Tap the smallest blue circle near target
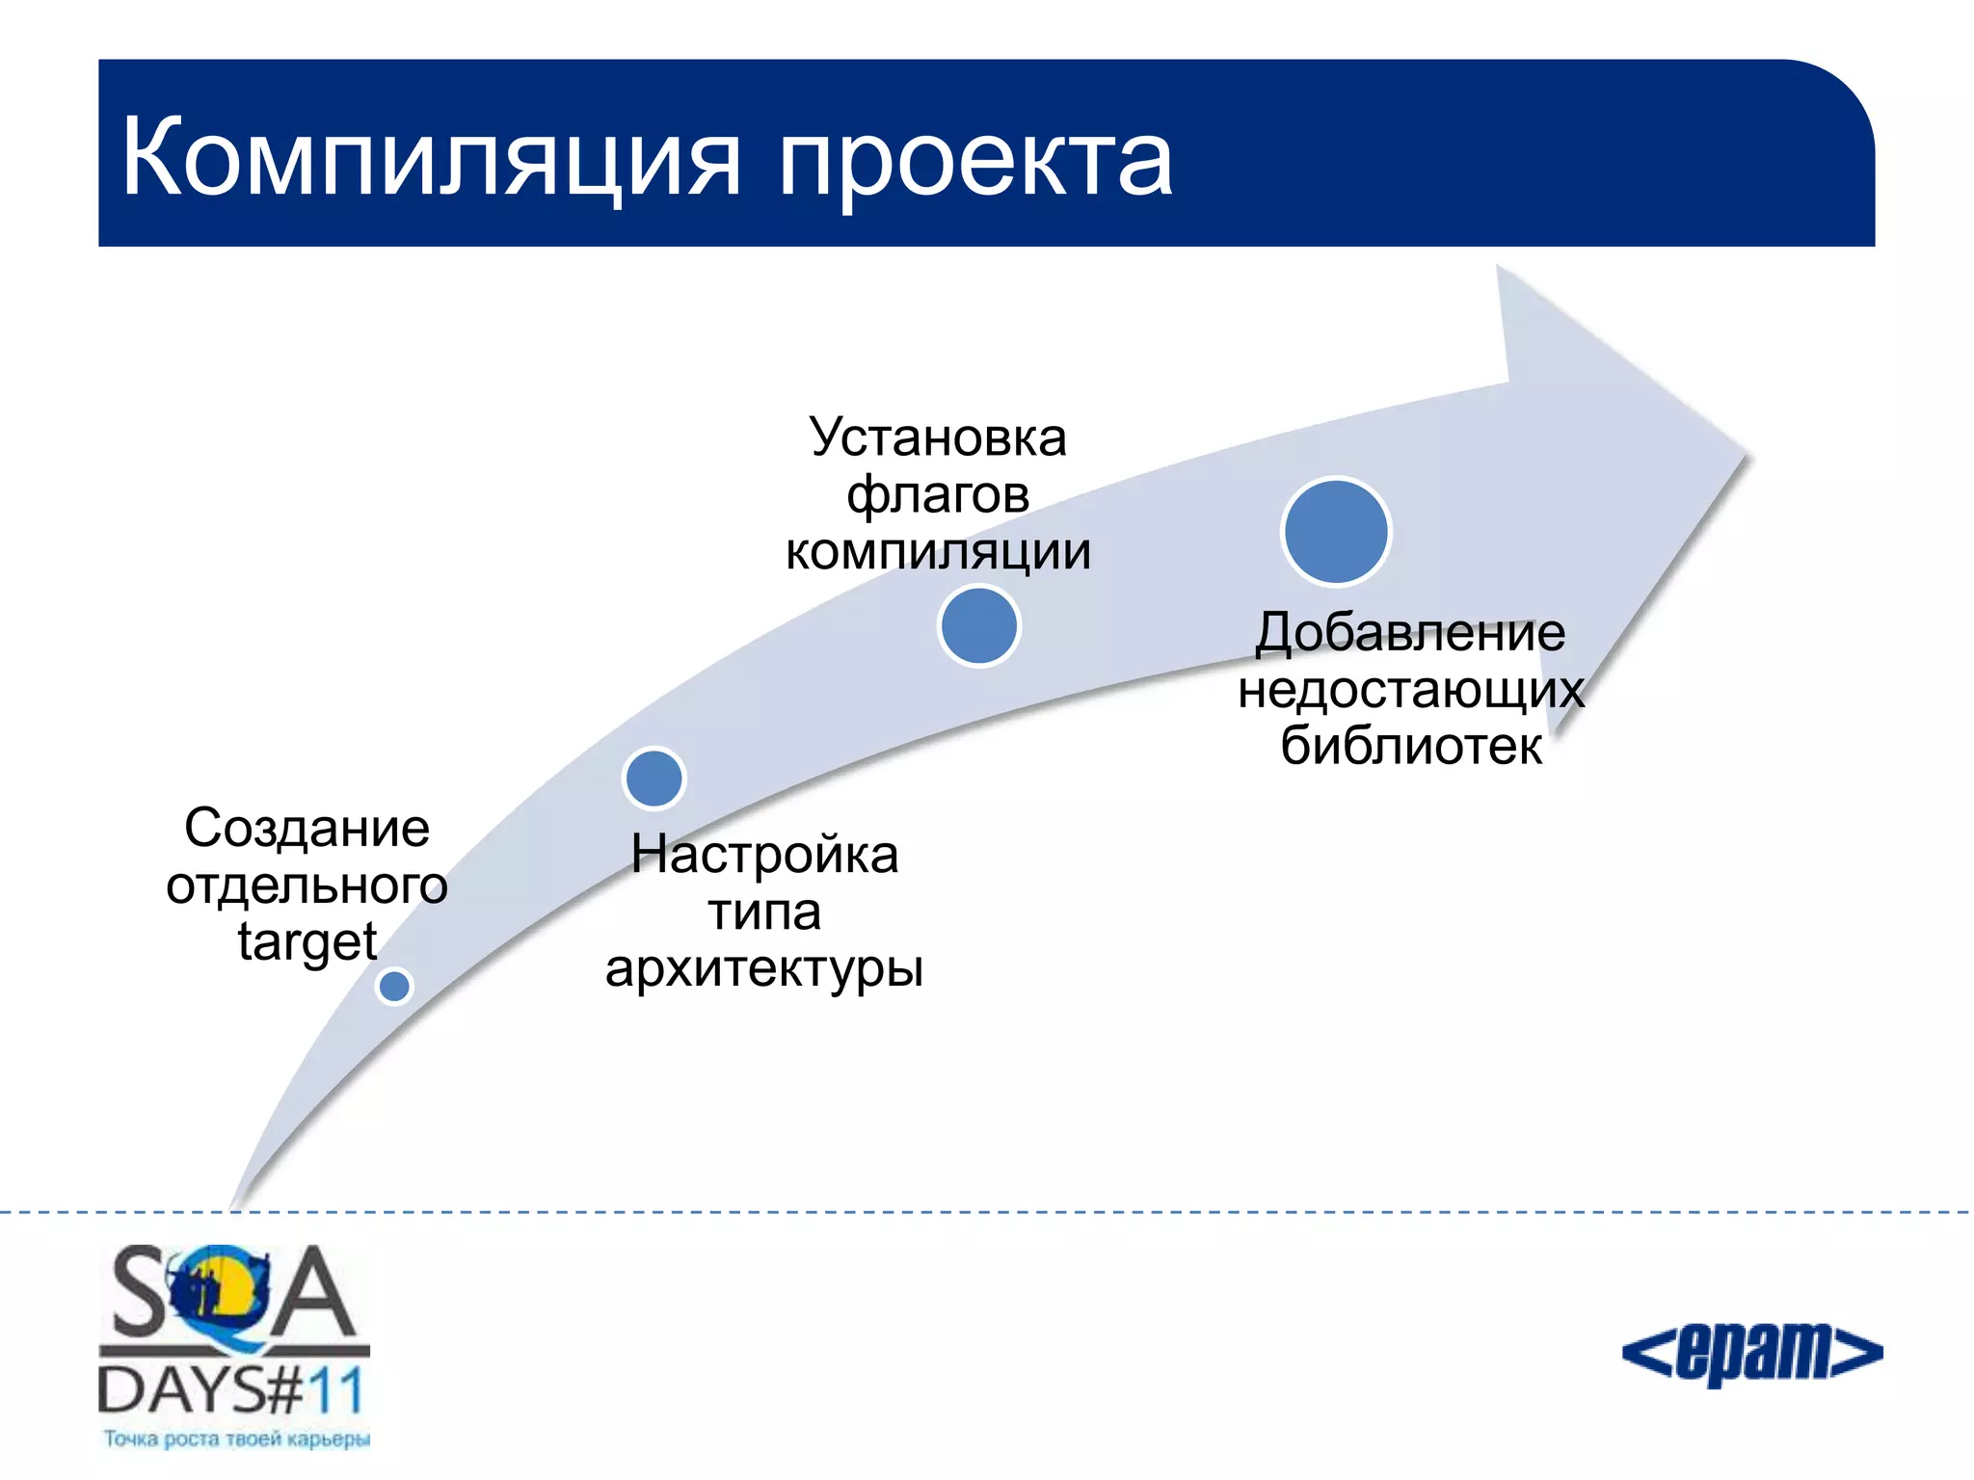coord(394,986)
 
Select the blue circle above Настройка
coord(654,779)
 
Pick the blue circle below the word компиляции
coord(978,626)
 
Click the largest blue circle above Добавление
coord(1336,532)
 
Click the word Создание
coord(307,828)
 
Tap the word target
coord(307,941)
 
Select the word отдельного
coord(307,885)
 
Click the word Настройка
coord(764,855)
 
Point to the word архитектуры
coord(764,967)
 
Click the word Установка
coord(938,438)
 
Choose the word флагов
coord(938,495)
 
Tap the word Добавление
coord(1410,633)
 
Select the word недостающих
coord(1410,690)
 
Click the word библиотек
coord(1410,746)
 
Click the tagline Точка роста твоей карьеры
coord(236,1439)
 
